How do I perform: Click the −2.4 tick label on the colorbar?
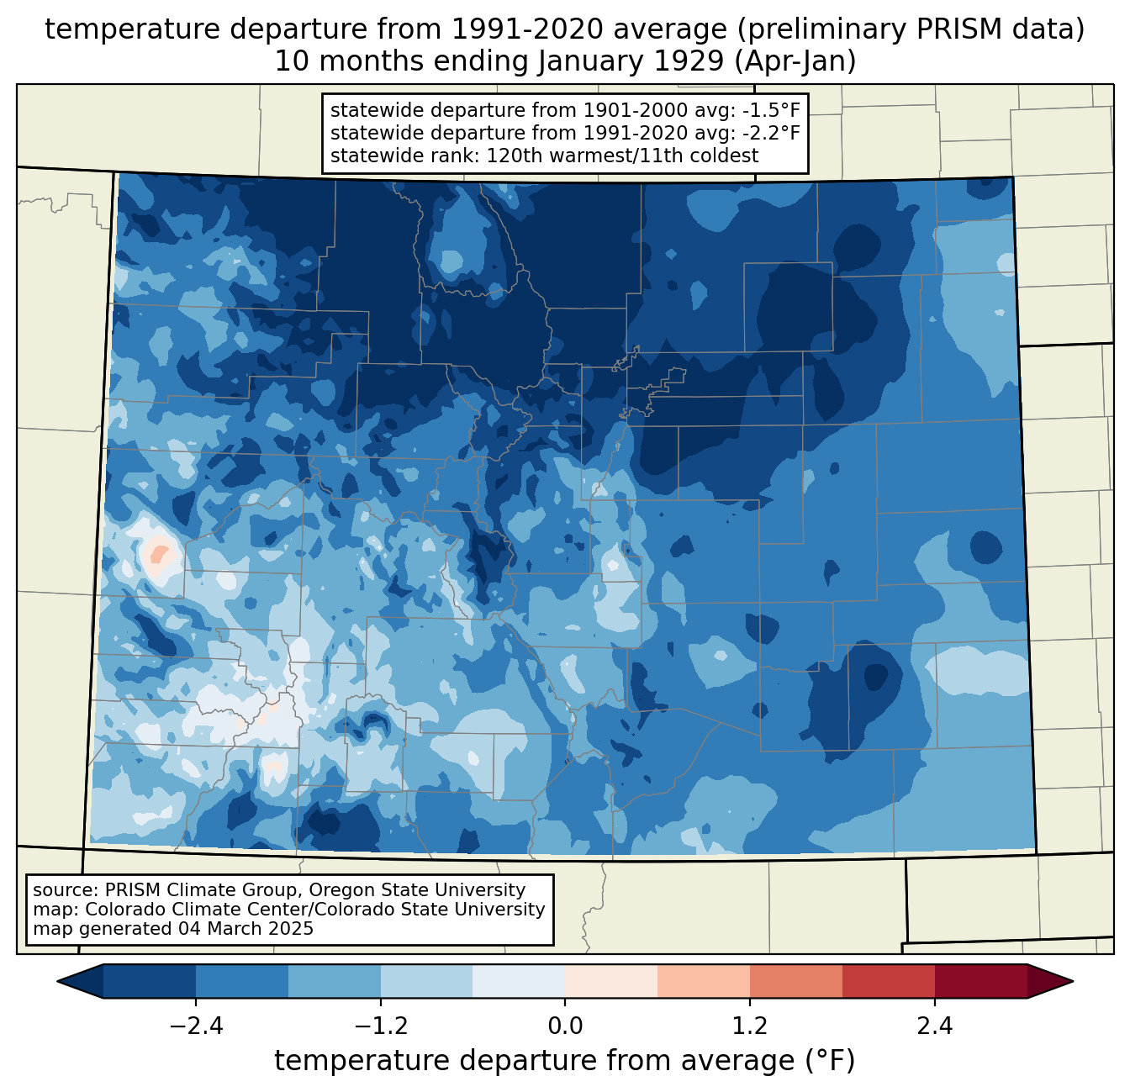196,1026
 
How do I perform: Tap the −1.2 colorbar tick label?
380,1026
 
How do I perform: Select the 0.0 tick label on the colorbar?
565,1026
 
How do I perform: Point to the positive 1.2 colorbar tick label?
750,1026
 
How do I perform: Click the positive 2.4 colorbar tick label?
934,1026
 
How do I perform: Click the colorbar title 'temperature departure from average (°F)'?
565,1061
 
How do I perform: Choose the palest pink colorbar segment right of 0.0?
611,981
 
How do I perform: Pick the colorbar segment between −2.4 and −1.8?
242,981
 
